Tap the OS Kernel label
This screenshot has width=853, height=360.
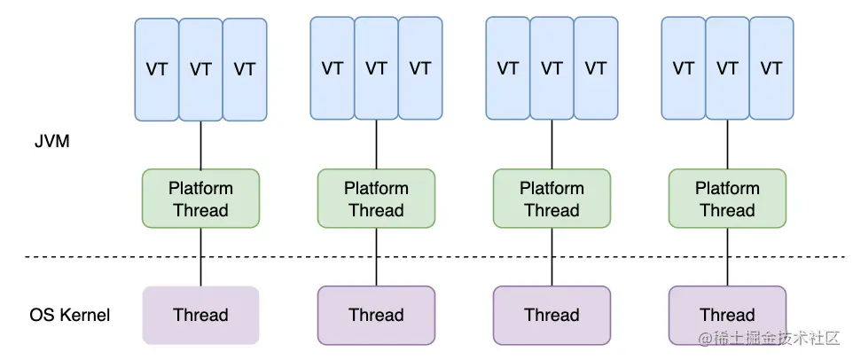pos(70,315)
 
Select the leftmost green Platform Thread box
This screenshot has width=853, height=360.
pos(200,200)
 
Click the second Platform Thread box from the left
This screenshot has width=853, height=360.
pos(376,200)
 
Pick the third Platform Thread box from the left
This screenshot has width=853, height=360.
pos(552,200)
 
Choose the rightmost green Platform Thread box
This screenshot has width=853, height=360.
pos(727,200)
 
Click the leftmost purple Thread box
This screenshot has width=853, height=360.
pos(200,315)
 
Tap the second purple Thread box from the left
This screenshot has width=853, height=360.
pos(376,315)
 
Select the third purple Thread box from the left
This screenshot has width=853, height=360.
pos(552,315)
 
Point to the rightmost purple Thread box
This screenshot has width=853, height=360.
pos(727,315)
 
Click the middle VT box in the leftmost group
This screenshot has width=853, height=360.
pos(200,69)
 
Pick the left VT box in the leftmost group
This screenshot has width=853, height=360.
pos(157,69)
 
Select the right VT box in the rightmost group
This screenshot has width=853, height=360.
pos(771,67)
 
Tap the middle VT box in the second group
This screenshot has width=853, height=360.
pos(376,67)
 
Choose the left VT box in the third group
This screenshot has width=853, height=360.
pos(508,67)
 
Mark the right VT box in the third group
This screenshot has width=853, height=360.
pos(596,67)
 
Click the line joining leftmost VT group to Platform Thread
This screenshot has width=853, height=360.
pos(200,145)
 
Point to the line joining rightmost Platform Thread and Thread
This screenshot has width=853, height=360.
pos(727,257)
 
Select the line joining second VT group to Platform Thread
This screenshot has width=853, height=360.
pos(376,145)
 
